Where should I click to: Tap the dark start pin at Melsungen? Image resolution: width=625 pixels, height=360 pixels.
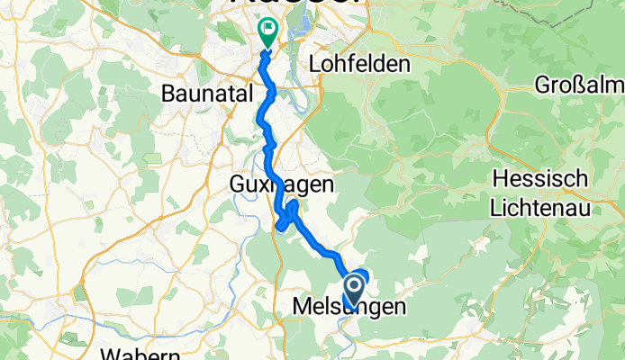353,291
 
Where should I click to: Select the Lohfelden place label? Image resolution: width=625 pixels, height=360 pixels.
359,65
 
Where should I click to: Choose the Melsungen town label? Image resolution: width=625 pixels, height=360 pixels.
349,308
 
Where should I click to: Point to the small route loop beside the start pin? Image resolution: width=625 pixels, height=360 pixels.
361,275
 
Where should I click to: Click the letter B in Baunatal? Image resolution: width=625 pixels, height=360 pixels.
168,93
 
